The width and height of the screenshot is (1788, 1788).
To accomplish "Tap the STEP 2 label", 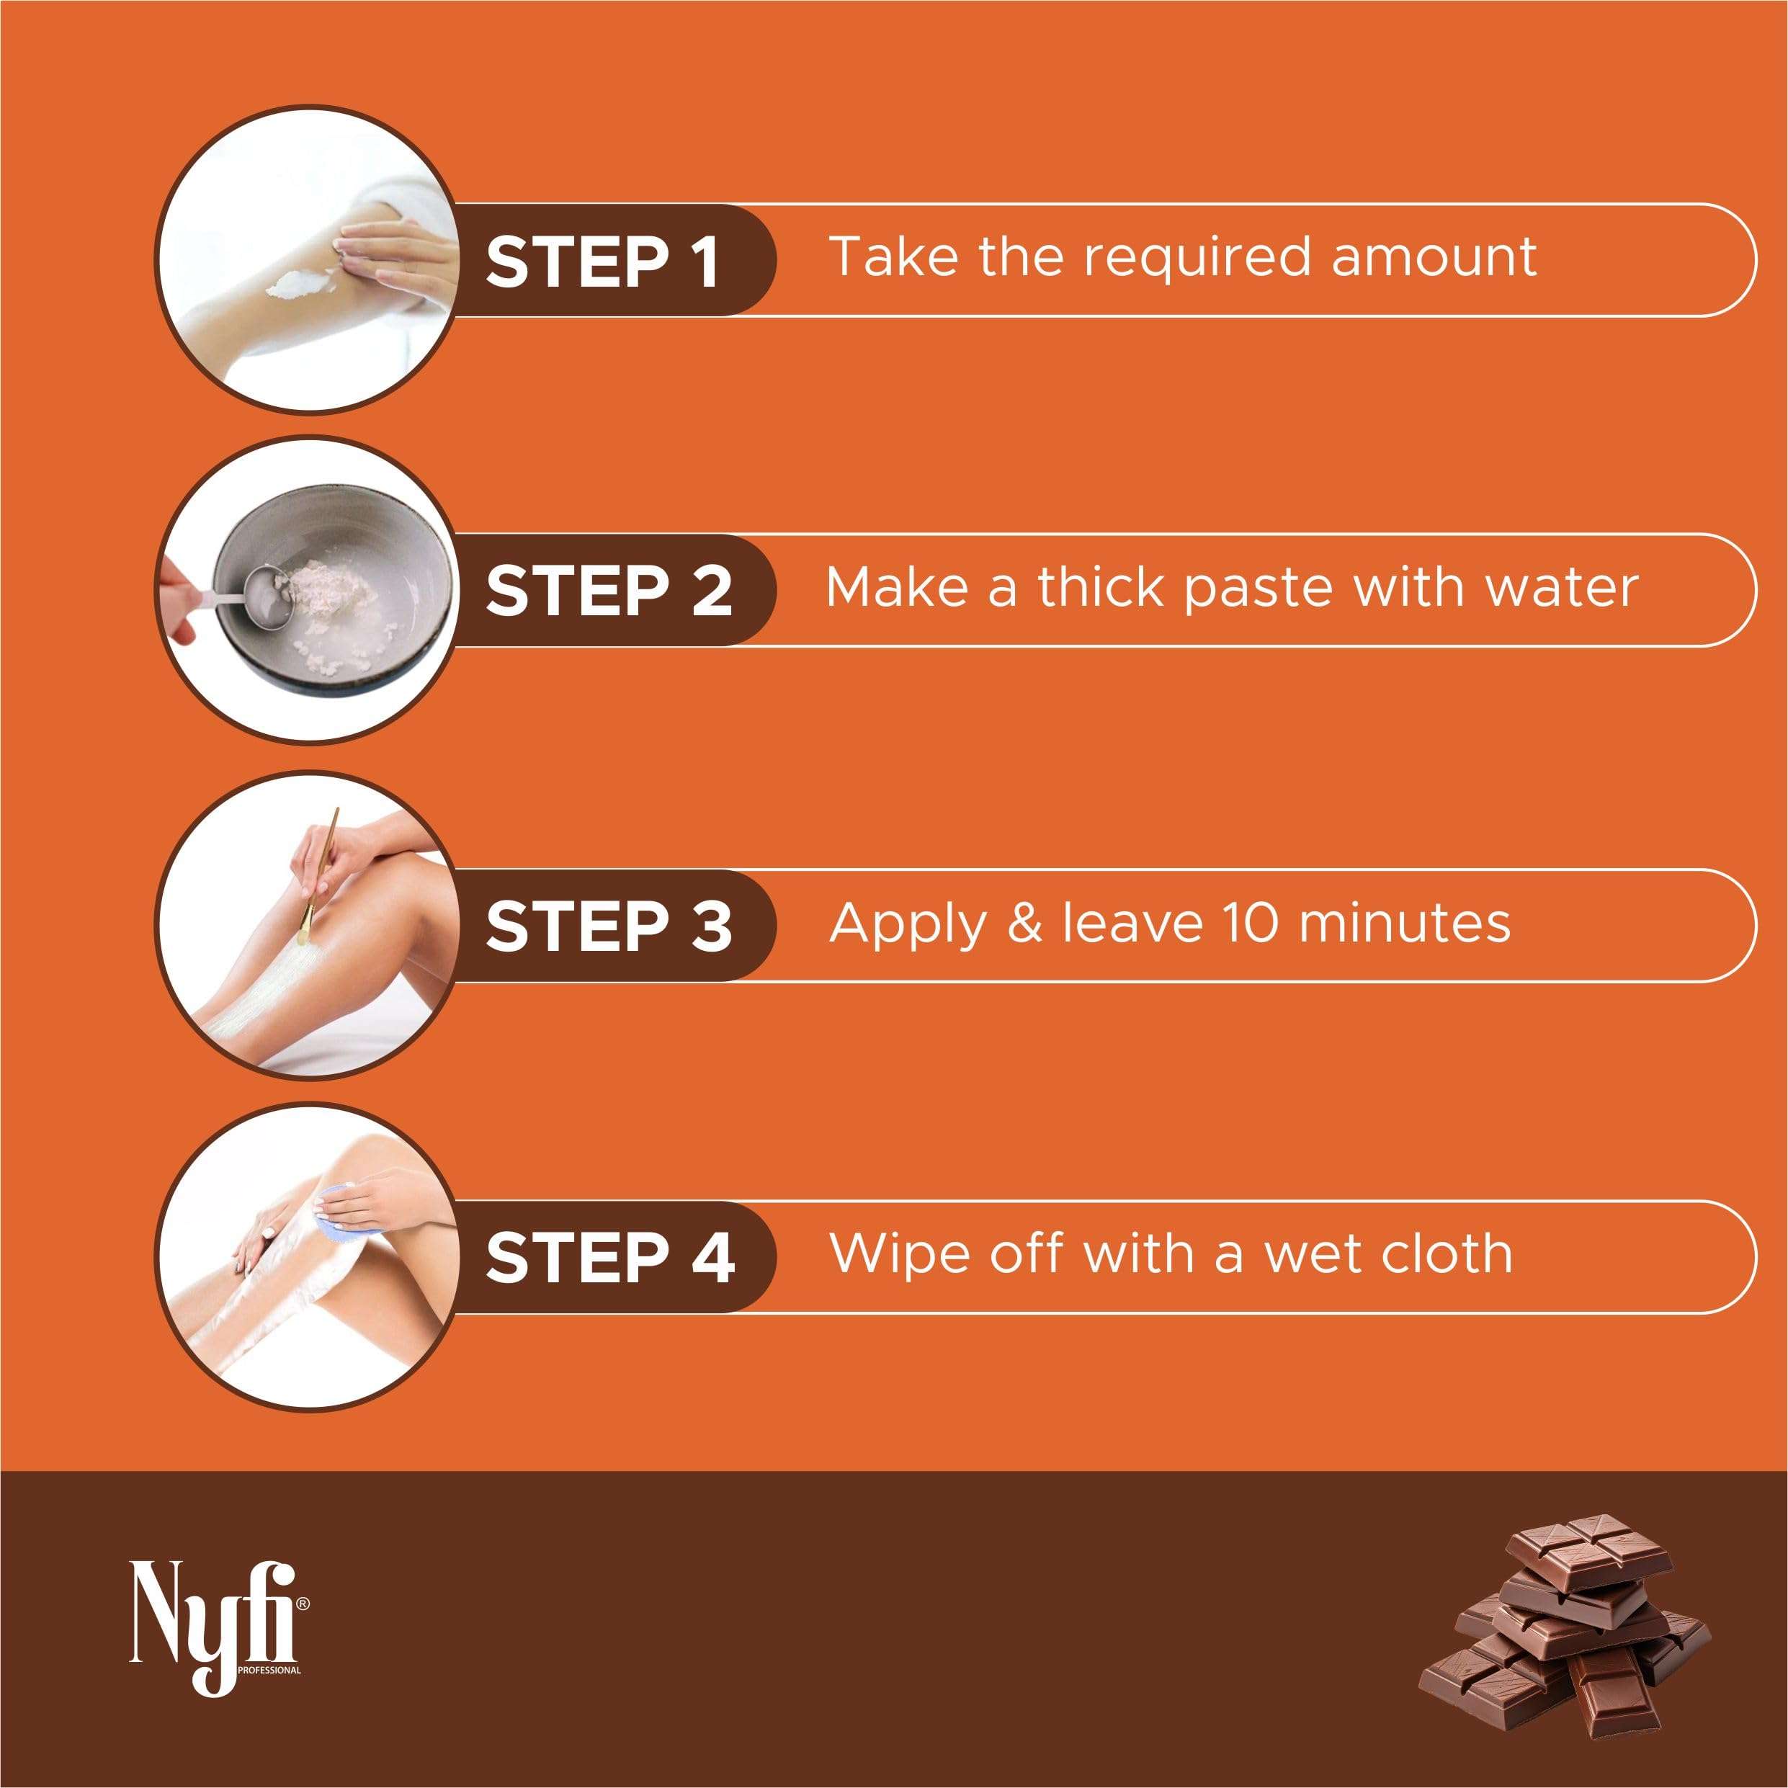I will coord(608,591).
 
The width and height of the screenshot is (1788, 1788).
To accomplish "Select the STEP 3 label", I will coord(608,926).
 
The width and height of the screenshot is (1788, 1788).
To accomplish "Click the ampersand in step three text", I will coord(1024,923).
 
